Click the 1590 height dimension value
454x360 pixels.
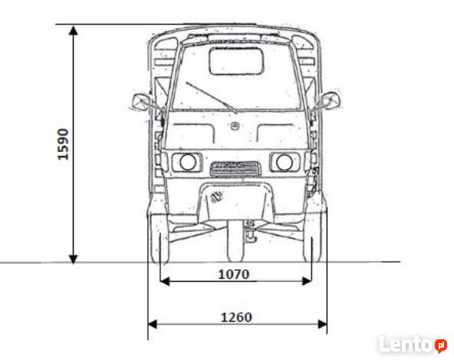(63, 144)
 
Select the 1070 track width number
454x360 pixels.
(233, 274)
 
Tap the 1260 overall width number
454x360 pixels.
(236, 317)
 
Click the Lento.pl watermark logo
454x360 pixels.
(413, 345)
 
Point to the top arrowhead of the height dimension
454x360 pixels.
(74, 30)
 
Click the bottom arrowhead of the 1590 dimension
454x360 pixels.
(74, 259)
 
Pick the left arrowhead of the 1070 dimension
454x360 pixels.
(165, 281)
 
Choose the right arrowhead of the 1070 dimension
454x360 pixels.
(307, 281)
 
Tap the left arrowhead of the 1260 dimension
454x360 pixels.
(153, 324)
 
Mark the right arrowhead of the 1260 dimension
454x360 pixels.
(323, 324)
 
